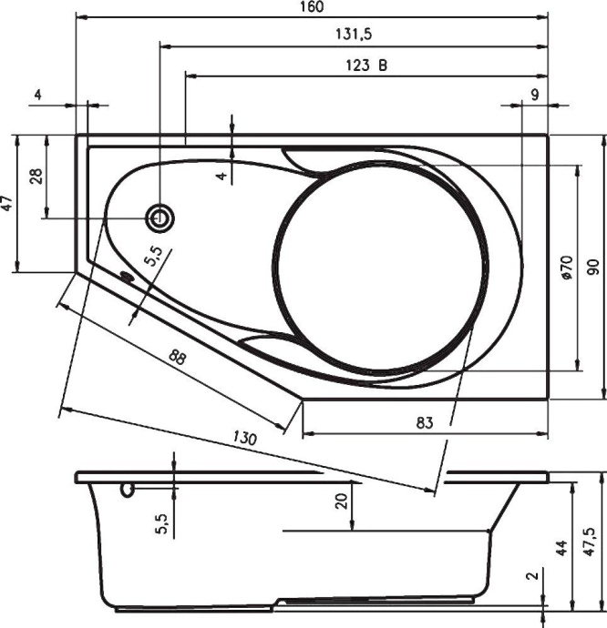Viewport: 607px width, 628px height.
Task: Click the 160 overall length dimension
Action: coord(312,7)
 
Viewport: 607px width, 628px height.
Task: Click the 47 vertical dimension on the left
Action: coord(7,204)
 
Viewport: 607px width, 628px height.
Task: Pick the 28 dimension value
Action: coord(36,176)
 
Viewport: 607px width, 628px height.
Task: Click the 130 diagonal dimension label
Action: coord(243,437)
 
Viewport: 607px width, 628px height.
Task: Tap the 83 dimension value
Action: coord(425,422)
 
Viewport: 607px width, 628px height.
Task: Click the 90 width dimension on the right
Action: coord(593,268)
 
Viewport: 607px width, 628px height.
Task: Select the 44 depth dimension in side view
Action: coord(562,547)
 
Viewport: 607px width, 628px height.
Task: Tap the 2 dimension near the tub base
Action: coord(531,576)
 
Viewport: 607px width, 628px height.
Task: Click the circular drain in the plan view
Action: coord(161,218)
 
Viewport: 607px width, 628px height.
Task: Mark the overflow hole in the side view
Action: coord(129,491)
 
